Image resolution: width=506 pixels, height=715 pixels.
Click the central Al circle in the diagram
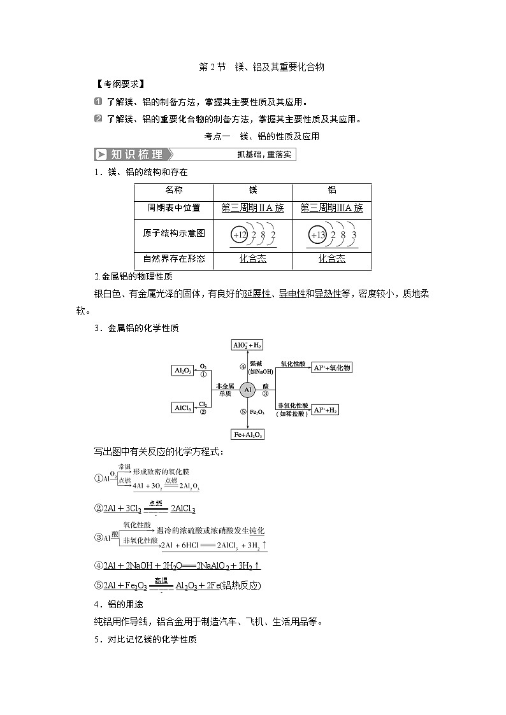coord(249,389)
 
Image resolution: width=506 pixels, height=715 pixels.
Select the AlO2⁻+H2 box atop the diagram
coord(248,344)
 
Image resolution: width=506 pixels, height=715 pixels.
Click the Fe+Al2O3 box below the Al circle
coord(249,434)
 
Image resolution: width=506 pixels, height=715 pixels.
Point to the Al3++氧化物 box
coord(331,368)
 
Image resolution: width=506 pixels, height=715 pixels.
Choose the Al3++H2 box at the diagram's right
coord(325,411)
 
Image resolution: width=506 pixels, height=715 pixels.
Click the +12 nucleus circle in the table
coord(240,235)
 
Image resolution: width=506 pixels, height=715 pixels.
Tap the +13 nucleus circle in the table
coord(317,235)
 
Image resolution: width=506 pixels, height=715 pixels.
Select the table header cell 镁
coord(253,190)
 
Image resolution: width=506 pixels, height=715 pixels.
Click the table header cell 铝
coord(331,190)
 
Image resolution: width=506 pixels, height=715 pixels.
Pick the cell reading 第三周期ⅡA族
coord(253,208)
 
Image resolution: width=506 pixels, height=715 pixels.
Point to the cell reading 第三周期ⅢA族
coord(331,208)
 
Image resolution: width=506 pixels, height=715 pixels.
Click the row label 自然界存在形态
coord(174,258)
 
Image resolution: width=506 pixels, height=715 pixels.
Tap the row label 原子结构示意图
coord(174,233)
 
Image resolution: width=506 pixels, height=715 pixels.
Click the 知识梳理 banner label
coord(132,155)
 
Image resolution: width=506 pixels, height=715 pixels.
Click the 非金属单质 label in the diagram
coord(225,390)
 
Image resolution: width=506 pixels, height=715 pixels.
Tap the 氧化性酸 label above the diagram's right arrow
coord(293,361)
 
